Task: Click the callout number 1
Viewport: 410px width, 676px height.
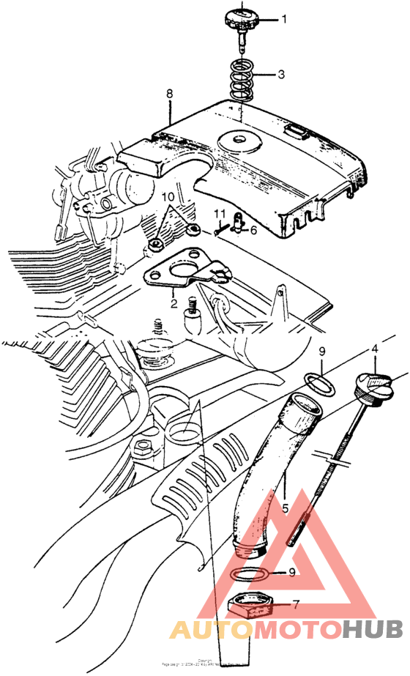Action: click(x=285, y=21)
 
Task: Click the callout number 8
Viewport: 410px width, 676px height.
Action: click(x=170, y=94)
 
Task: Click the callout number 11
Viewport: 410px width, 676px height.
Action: click(x=217, y=215)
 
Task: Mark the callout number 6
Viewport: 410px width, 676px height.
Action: click(x=253, y=230)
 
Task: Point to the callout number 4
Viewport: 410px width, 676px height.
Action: click(x=374, y=349)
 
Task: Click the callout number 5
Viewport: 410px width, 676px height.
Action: click(x=285, y=505)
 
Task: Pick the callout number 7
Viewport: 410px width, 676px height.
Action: click(x=295, y=605)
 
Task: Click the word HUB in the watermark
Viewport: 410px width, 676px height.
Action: click(x=373, y=630)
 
